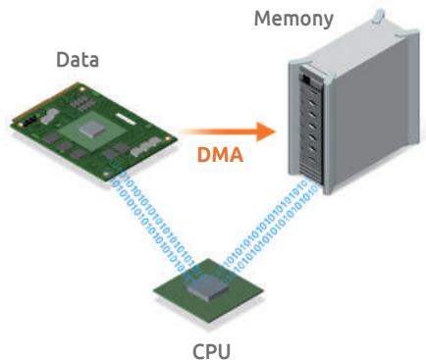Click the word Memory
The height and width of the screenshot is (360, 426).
click(x=293, y=20)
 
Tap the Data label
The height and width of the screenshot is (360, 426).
click(x=78, y=60)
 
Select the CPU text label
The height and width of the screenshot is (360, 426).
click(x=211, y=351)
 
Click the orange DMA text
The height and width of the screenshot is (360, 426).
click(x=220, y=154)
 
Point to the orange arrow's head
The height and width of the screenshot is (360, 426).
click(x=266, y=131)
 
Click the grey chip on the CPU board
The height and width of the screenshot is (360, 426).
click(x=208, y=286)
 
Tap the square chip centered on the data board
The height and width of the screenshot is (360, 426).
click(x=91, y=128)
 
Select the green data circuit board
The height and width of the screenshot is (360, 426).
click(x=93, y=131)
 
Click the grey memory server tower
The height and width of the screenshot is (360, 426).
click(x=353, y=105)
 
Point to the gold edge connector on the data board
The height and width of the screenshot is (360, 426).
click(x=46, y=100)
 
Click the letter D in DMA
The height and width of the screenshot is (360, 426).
click(x=204, y=155)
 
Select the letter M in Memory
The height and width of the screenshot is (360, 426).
click(x=263, y=19)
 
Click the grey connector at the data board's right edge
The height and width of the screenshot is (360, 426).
click(x=144, y=148)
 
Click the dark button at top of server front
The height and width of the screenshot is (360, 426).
click(x=306, y=78)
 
